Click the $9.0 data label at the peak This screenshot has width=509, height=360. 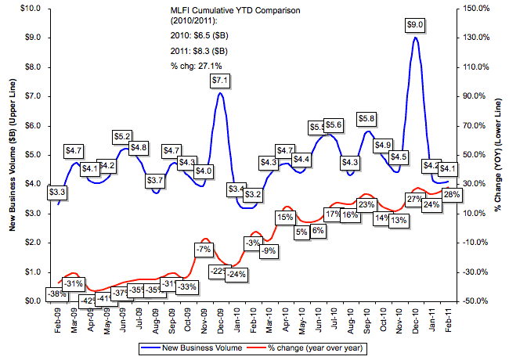[416, 25]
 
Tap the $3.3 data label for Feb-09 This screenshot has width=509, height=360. [57, 191]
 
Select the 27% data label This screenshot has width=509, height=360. [415, 198]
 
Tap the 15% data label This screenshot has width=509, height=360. [285, 217]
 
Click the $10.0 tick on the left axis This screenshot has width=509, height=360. [31, 9]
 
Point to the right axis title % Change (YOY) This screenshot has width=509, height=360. [498, 155]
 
